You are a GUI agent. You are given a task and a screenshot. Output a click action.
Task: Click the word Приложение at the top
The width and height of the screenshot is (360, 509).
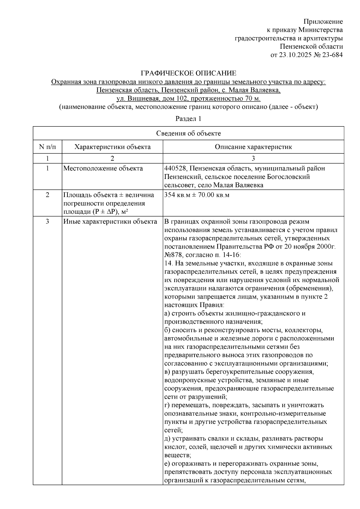tap(323, 22)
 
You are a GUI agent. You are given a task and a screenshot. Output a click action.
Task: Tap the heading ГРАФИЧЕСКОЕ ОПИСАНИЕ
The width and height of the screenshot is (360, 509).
tap(189, 73)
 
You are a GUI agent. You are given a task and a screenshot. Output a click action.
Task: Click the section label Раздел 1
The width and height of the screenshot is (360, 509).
tap(188, 119)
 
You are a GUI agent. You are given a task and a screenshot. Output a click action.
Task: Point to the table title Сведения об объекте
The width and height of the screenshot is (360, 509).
tap(188, 133)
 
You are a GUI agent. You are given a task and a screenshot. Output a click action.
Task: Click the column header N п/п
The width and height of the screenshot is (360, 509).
tap(47, 147)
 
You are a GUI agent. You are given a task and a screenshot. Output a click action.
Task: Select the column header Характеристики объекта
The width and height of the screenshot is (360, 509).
tap(112, 147)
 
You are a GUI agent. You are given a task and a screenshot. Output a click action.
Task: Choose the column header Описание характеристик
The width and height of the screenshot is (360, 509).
tap(253, 147)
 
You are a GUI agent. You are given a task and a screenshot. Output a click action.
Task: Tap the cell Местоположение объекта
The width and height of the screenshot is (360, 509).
tap(103, 168)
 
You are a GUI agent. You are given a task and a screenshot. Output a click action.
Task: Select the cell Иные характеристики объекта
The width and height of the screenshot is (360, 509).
tap(110, 222)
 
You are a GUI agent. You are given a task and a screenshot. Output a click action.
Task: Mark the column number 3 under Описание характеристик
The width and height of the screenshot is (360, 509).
tap(253, 158)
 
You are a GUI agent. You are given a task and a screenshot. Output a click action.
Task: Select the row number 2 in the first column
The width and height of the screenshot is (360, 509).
tap(47, 195)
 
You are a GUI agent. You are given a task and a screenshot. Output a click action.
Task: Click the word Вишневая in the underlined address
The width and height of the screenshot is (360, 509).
tap(141, 98)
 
